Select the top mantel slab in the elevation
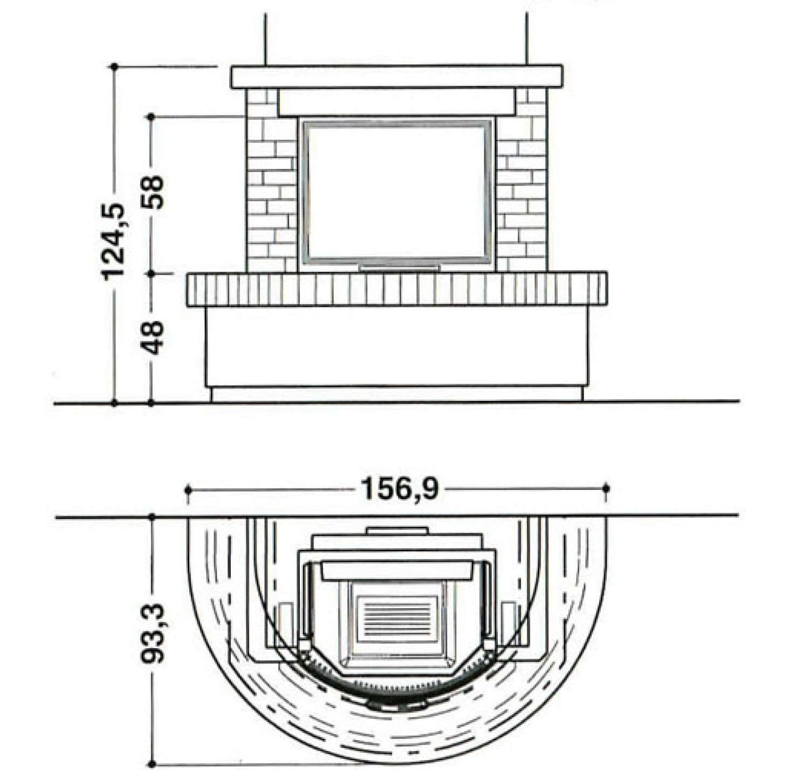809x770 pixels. click(x=396, y=77)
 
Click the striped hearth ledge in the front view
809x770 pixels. click(x=397, y=289)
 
